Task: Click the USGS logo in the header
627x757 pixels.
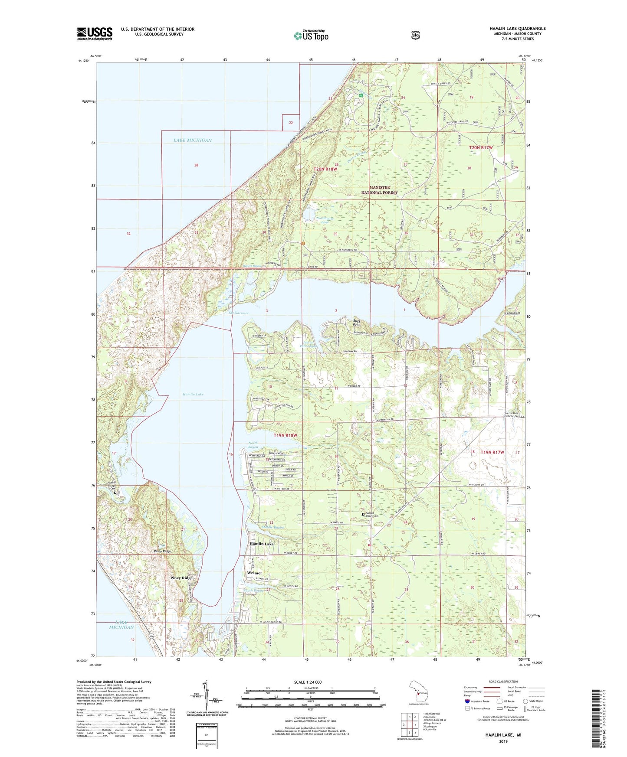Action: tap(95, 33)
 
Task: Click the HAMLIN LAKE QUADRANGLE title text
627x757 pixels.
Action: tap(517, 29)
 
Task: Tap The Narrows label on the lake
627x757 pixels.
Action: tap(238, 313)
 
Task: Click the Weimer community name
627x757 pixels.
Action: tap(254, 573)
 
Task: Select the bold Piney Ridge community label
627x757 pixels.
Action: tap(181, 578)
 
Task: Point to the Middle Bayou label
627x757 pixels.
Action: tap(272, 527)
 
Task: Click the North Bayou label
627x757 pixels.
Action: tap(253, 445)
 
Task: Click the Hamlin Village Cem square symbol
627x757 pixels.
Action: tap(115, 493)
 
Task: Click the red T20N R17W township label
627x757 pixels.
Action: tap(481, 148)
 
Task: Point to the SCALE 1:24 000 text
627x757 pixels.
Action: tap(308, 682)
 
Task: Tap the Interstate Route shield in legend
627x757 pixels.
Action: tap(467, 701)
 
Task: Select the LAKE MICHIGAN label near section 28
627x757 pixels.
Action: tap(192, 140)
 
